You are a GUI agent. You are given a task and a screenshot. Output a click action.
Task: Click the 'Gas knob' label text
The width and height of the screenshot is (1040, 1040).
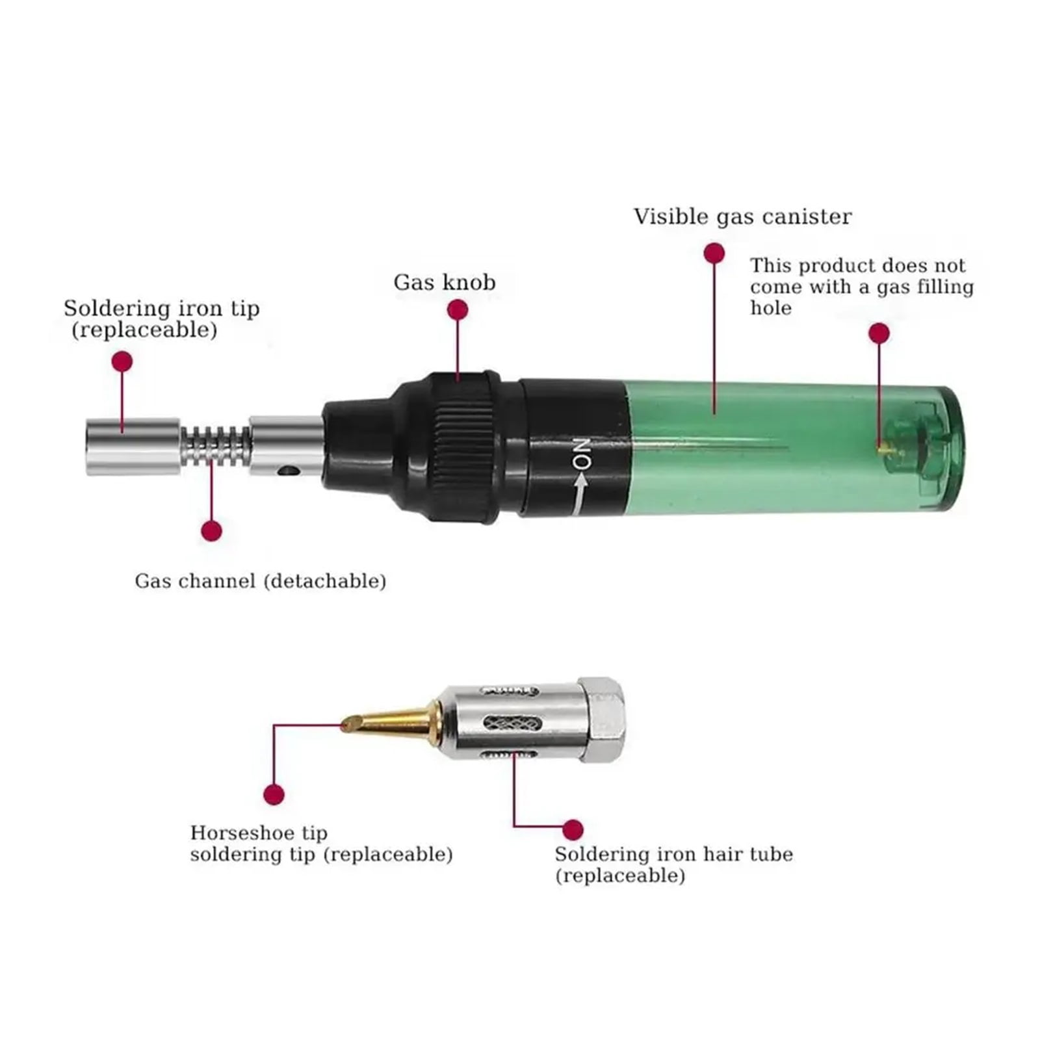[x=445, y=282]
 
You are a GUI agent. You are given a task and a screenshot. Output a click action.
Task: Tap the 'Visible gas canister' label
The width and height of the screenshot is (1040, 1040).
[x=742, y=216]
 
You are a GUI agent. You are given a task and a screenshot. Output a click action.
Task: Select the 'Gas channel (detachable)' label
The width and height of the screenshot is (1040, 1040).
[x=261, y=580]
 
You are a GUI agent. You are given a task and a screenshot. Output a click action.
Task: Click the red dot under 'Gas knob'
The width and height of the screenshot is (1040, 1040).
[x=458, y=310]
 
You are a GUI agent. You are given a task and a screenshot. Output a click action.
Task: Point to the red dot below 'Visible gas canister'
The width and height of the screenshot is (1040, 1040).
[x=714, y=253]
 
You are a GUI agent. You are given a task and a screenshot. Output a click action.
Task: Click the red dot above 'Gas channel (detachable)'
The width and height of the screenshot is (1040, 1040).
[x=211, y=531]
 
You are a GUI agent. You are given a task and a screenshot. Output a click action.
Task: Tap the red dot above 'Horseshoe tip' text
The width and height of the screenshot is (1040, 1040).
[x=274, y=794]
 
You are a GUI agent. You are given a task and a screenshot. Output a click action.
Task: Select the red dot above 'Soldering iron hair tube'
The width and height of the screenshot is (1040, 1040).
[x=573, y=829]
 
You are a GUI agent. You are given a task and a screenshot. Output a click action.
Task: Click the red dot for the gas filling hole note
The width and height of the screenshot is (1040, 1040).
[x=879, y=333]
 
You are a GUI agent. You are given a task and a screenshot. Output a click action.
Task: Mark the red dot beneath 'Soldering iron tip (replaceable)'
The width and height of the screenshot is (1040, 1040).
[x=122, y=361]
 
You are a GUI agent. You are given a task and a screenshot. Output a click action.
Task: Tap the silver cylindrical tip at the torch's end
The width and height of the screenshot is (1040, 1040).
[x=133, y=447]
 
